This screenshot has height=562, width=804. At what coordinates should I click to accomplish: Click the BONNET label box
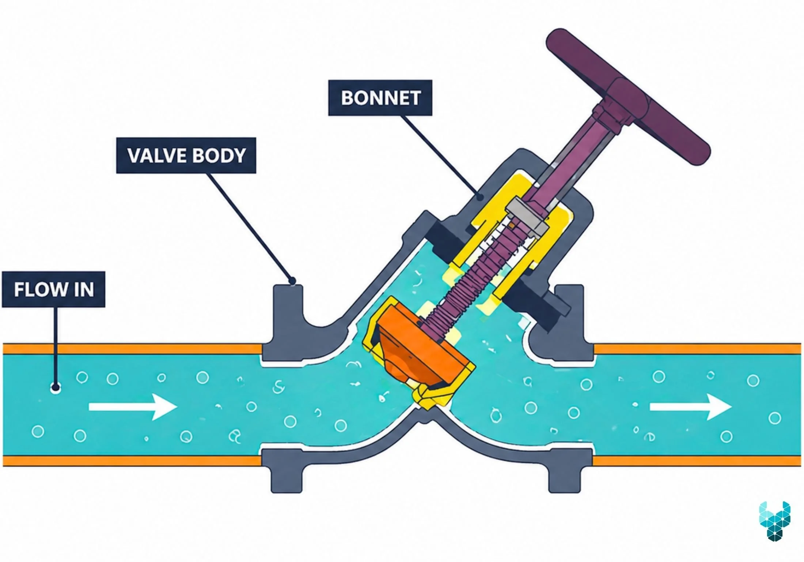coord(380,98)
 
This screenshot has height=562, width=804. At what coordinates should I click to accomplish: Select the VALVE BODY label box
coord(186,156)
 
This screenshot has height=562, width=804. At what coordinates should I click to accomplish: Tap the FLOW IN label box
coord(54,289)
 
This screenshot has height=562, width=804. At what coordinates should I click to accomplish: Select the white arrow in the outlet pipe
coord(690,407)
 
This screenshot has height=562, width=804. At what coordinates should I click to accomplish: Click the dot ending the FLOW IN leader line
coord(56,387)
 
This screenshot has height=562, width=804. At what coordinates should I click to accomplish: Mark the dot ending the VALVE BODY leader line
coord(292,281)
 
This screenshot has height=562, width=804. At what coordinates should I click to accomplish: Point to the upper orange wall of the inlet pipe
coord(132,349)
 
